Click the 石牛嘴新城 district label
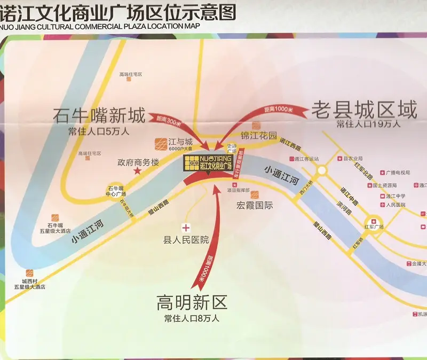99,115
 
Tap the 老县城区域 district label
364,110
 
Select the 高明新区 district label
192,303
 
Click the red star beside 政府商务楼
137,171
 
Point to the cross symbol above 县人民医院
186,227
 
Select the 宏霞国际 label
254,205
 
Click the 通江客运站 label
306,159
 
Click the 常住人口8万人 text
192,319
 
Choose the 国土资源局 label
384,185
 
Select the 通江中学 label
395,195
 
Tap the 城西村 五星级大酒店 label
33,284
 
